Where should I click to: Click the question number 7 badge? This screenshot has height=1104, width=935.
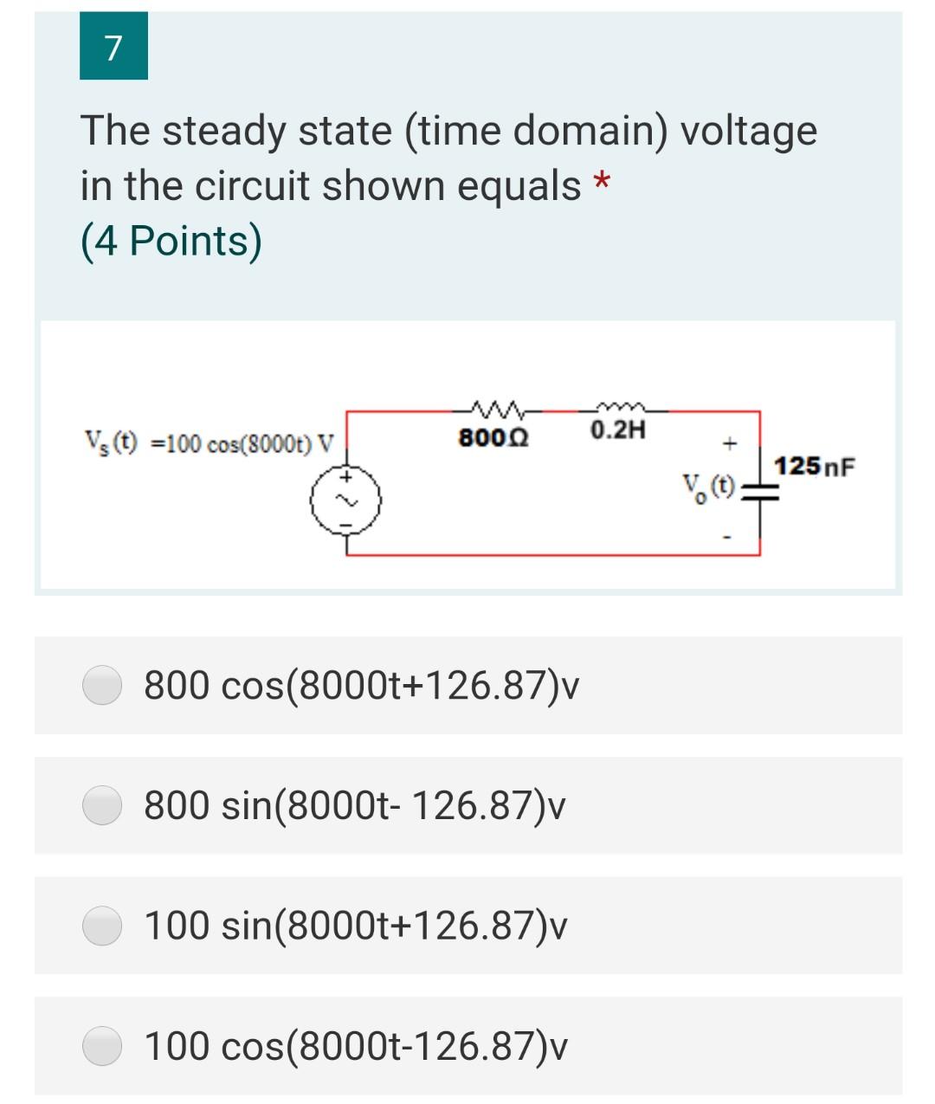(x=113, y=46)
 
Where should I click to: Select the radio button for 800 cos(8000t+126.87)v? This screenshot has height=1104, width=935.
(x=102, y=685)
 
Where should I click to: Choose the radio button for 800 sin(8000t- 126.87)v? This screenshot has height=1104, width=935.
(x=102, y=805)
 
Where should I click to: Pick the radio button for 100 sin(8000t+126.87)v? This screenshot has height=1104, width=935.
(x=102, y=926)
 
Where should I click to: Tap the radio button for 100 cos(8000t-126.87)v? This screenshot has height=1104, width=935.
(x=102, y=1045)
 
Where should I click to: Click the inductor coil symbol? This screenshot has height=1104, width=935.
(x=618, y=406)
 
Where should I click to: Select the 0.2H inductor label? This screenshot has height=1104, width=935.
(x=618, y=429)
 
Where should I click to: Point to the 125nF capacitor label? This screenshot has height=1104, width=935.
(x=815, y=467)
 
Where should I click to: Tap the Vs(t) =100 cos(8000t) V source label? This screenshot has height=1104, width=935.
(x=208, y=442)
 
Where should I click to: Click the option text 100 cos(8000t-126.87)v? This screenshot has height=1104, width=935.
(x=356, y=1046)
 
